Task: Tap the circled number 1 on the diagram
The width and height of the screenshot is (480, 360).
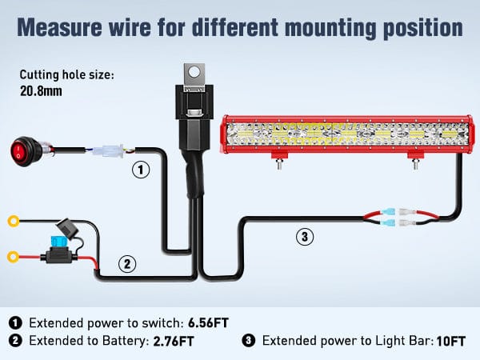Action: [x=141, y=170]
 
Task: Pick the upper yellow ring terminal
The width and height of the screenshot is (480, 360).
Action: [x=14, y=221]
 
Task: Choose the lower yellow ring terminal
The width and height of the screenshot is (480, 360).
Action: [x=14, y=258]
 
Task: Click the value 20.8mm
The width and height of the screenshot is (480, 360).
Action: [x=40, y=90]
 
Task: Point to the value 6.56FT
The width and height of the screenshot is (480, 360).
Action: [x=209, y=323]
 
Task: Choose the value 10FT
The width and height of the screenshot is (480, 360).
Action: [x=450, y=342]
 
